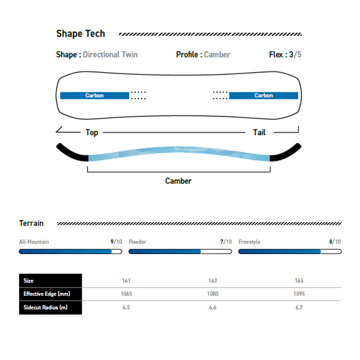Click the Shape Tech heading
coord(81,34)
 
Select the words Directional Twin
coord(110,55)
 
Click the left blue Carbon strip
coord(95,96)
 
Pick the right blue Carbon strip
coord(263,96)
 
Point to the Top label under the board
coord(92,133)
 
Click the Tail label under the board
coord(259,133)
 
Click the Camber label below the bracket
coord(178,181)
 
